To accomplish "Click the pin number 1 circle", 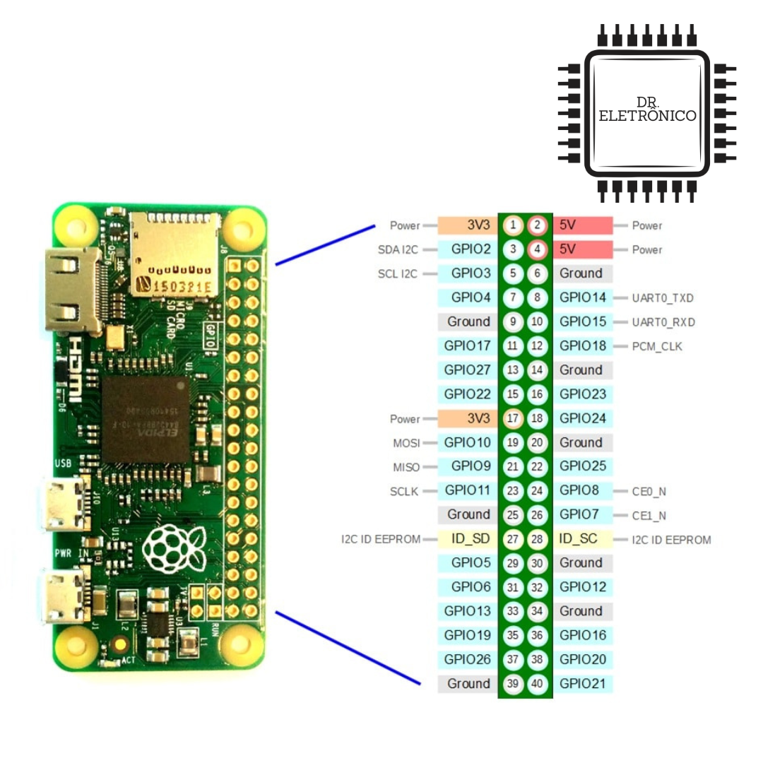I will click(x=514, y=225).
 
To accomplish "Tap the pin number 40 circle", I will click(x=538, y=684).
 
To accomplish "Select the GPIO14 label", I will click(x=583, y=297).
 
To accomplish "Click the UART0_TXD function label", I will click(x=663, y=298).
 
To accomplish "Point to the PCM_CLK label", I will click(x=657, y=346).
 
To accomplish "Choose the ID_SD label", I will click(x=471, y=539).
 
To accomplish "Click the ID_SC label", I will click(x=579, y=539).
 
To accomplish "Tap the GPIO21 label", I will click(x=583, y=684).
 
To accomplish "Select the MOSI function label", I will click(x=406, y=443).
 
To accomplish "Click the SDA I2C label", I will click(x=398, y=249).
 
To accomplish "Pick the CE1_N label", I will click(x=649, y=516).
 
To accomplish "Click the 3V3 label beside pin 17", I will click(x=478, y=418).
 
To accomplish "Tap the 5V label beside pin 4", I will click(x=568, y=249).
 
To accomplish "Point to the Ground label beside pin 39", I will click(x=468, y=684).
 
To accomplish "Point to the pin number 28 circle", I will click(x=538, y=539).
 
